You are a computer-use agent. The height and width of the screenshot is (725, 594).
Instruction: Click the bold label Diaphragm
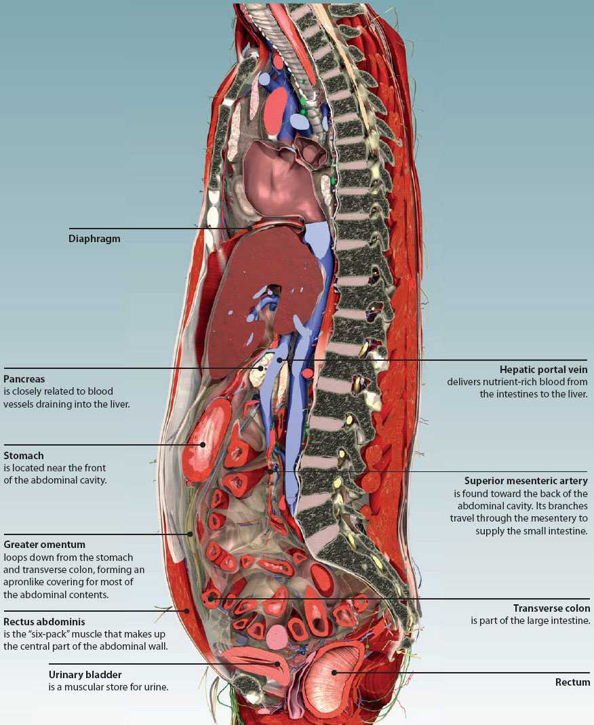[94, 239]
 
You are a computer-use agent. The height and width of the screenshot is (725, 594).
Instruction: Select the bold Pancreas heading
[24, 379]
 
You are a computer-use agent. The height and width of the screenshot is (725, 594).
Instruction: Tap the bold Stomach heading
[24, 456]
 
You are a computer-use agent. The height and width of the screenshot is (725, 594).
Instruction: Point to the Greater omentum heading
[44, 545]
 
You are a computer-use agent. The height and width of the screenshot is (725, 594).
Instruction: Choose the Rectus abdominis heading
[45, 621]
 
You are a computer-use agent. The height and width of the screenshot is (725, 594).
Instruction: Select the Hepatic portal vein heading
[543, 370]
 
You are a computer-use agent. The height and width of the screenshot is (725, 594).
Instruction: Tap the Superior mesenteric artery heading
[526, 481]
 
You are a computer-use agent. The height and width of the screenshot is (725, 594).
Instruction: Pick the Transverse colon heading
[551, 608]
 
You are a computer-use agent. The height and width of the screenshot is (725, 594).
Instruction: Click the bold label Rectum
[572, 682]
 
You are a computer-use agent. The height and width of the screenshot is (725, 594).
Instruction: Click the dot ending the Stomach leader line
[202, 445]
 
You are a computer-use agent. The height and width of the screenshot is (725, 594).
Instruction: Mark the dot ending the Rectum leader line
[334, 673]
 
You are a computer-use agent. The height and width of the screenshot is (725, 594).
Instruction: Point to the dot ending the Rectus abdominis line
[186, 611]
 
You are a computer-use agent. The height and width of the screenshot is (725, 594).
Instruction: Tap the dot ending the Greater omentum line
[191, 534]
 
